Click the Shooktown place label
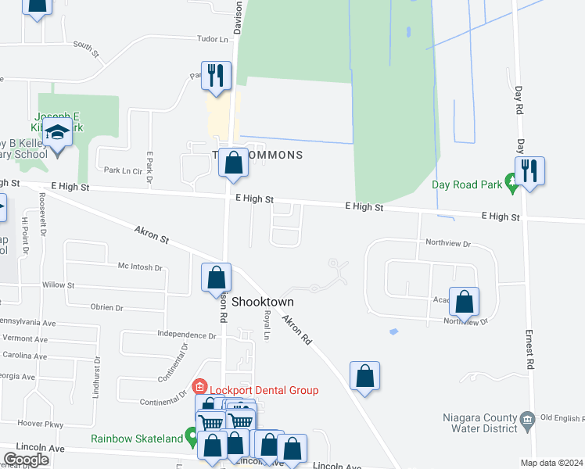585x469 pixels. click(263, 302)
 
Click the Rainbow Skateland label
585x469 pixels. click(136, 439)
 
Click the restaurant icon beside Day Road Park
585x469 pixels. click(529, 170)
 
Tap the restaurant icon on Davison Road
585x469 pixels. click(217, 75)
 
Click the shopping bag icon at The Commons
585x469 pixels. click(232, 163)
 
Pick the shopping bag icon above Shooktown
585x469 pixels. click(216, 278)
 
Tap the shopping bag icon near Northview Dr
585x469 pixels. click(464, 302)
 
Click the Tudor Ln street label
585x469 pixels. click(214, 39)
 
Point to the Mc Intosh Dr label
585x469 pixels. click(140, 267)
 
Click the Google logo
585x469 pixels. click(26, 460)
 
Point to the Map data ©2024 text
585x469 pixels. click(552, 463)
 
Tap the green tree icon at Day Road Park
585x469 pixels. click(513, 185)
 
